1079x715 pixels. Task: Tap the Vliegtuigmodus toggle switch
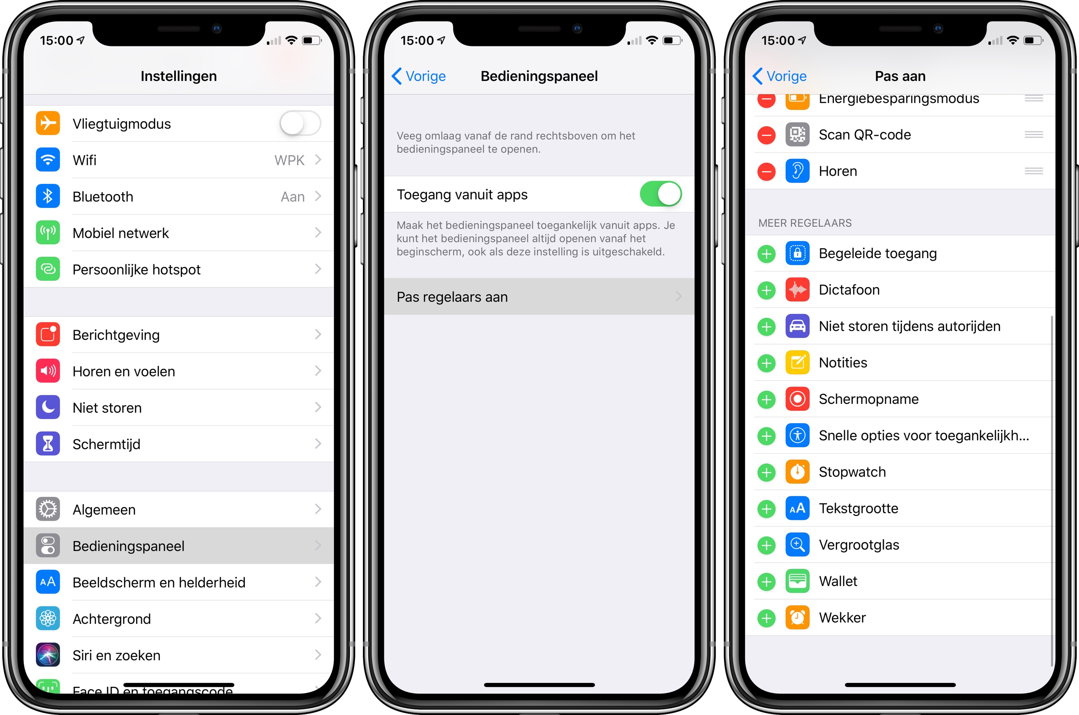[301, 124]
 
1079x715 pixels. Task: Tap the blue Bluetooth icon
[48, 196]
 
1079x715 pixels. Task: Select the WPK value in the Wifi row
[289, 160]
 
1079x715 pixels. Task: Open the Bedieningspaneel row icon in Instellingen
[48, 546]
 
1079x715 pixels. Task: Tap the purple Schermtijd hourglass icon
[48, 444]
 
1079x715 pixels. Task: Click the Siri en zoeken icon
[48, 655]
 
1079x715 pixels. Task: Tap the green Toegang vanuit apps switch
[660, 194]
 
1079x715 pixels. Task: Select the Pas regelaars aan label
[452, 297]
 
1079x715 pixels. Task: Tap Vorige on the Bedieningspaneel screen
[419, 76]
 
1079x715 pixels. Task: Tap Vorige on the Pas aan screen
[779, 76]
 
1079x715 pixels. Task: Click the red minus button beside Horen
[766, 172]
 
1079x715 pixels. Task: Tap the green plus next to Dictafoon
[766, 290]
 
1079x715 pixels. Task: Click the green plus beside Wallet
[766, 581]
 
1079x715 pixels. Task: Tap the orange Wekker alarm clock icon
[797, 618]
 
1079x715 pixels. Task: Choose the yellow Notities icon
[797, 363]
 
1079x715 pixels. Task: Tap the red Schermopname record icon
[797, 399]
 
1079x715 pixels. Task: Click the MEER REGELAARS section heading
[805, 223]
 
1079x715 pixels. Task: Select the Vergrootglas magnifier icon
[797, 544]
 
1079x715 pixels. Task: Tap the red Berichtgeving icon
[48, 334]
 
